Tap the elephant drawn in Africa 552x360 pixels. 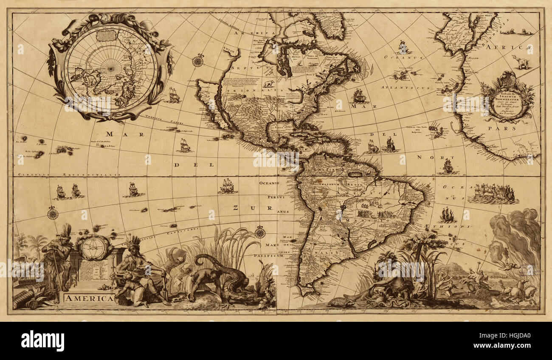[x=522, y=63]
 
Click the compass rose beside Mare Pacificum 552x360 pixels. [x=260, y=232]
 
